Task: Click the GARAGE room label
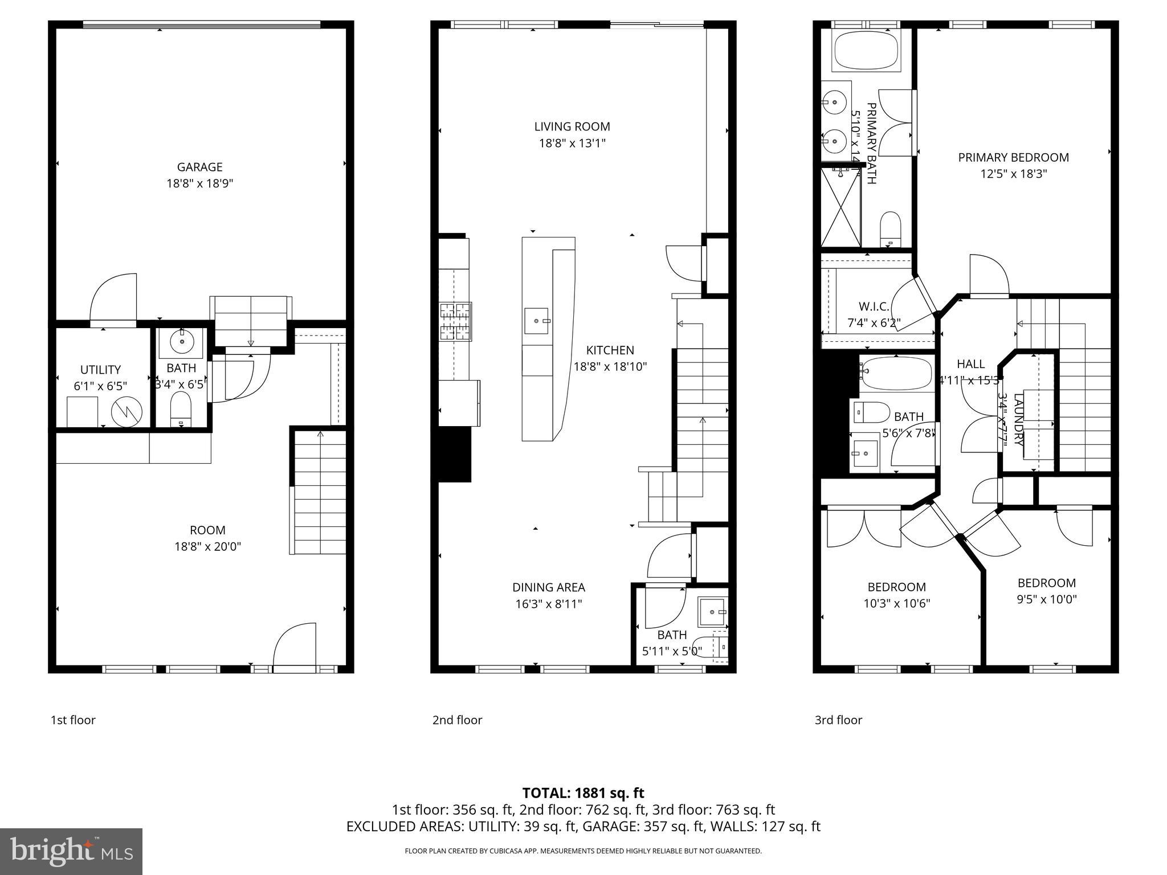pos(199,167)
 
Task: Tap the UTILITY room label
pos(100,369)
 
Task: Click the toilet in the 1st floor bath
pos(181,408)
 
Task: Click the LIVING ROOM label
pos(572,126)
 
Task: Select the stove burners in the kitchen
pos(455,321)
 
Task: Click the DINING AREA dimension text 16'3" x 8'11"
pos(548,604)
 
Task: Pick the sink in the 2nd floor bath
pos(713,612)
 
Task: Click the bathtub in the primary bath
pos(866,51)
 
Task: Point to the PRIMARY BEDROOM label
pos(1013,157)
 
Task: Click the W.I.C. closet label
pos(874,306)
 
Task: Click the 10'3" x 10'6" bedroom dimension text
pos(896,603)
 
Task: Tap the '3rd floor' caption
pos(838,720)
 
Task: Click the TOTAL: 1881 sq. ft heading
pos(583,793)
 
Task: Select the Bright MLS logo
pos(71,851)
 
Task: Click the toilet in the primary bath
pos(889,227)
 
